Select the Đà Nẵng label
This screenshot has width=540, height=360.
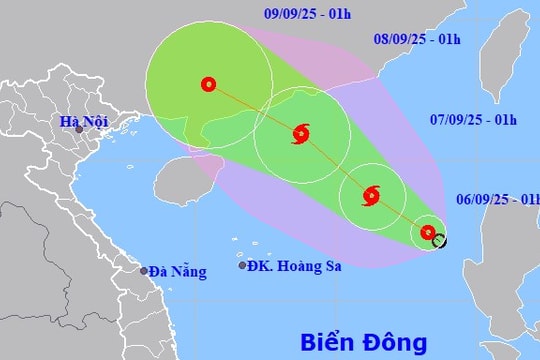179,271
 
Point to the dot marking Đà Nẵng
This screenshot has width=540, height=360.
144,271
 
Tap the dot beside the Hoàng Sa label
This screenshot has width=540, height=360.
242,265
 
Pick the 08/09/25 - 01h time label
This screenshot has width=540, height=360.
417,39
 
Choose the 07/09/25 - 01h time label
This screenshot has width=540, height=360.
473,120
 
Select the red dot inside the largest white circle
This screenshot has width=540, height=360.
208,85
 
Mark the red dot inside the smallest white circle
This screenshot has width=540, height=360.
428,233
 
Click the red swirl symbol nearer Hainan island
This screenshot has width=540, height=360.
301,133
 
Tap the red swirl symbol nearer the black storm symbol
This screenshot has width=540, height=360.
371,194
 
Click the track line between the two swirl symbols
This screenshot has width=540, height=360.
336,164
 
